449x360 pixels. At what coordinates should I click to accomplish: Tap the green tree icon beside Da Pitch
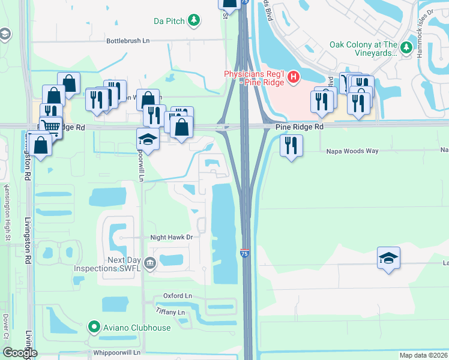tap(194, 21)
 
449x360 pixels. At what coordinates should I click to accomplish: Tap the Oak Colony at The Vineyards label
tap(363, 49)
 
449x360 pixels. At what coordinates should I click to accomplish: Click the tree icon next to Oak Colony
tap(407, 47)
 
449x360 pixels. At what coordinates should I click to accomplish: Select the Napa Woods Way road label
tap(352, 151)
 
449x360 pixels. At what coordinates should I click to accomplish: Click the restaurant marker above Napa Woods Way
tap(291, 146)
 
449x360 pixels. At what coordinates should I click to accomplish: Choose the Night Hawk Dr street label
tap(171, 238)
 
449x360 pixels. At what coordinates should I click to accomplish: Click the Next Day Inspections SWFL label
tap(107, 264)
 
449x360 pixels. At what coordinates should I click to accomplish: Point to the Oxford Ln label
tap(177, 296)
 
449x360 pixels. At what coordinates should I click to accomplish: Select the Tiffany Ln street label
tap(170, 313)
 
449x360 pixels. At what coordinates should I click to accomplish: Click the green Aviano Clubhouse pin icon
tap(94, 328)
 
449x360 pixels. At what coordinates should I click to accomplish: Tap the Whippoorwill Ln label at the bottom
tap(116, 353)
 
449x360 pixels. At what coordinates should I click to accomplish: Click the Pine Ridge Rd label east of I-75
tap(300, 127)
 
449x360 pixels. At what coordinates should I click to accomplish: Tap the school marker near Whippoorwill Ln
tap(148, 139)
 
